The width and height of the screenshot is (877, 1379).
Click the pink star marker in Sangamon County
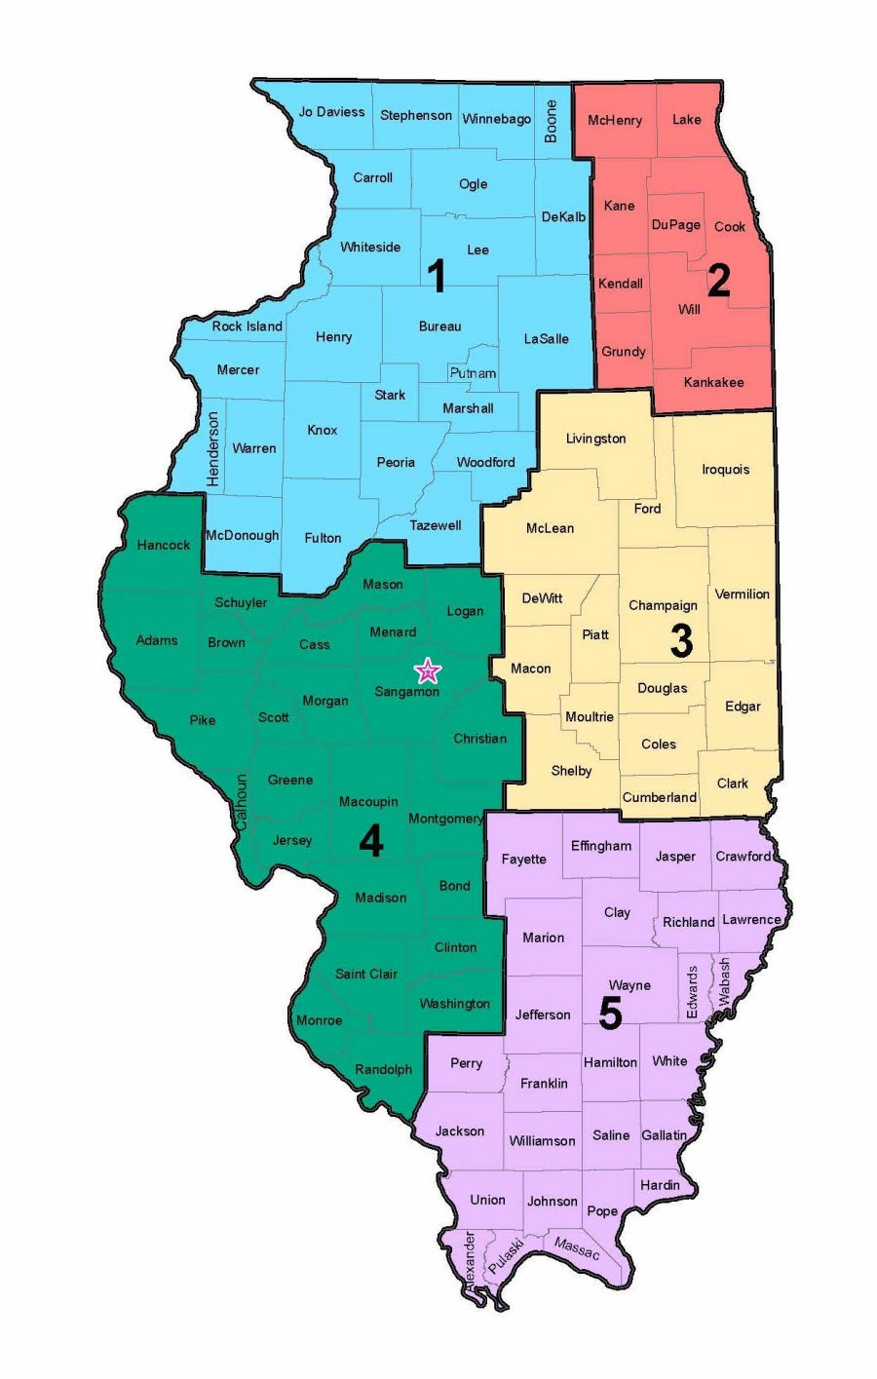[428, 670]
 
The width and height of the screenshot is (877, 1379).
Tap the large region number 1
[438, 277]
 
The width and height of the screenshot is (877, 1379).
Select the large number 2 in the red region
[718, 281]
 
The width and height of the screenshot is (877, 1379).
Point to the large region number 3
[681, 640]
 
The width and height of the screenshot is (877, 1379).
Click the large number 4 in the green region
[370, 840]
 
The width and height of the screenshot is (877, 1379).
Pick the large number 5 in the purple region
[610, 1014]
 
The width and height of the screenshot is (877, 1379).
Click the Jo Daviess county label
[331, 112]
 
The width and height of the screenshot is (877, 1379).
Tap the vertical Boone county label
[552, 122]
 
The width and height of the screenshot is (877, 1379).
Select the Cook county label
[729, 226]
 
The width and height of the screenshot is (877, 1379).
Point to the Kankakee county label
[713, 382]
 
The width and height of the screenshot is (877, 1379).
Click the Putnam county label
[473, 373]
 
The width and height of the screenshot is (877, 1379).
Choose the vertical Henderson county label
[213, 448]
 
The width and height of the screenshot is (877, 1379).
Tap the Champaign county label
[663, 605]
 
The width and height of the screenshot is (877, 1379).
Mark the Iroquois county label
[725, 469]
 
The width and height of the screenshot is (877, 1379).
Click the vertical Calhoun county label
[241, 802]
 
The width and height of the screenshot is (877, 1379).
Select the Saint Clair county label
[365, 974]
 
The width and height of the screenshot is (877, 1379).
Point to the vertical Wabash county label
[724, 982]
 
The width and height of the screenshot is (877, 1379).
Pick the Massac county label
[576, 1247]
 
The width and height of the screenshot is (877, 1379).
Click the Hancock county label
[164, 545]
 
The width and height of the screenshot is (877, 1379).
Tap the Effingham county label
[600, 846]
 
